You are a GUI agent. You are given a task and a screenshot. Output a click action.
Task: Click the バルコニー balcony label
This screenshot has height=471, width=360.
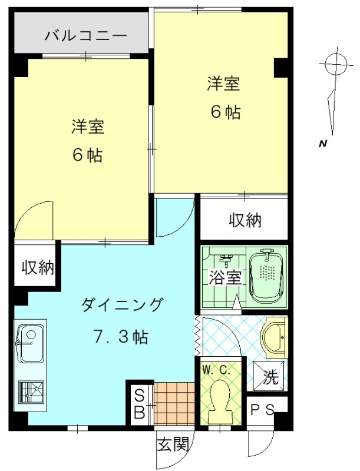click(86, 36)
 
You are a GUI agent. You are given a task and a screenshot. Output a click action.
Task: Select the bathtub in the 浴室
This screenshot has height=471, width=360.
click(266, 276)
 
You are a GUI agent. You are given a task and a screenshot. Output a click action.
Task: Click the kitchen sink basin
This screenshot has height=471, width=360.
click(29, 343)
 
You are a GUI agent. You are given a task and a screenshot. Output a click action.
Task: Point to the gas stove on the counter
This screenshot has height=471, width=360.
click(31, 392)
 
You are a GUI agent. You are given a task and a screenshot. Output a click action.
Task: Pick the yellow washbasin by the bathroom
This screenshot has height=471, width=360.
click(275, 337)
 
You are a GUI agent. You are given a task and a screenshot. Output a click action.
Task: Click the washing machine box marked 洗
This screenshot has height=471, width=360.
click(268, 376)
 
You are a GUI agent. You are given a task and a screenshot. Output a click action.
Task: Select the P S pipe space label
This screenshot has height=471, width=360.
click(262, 410)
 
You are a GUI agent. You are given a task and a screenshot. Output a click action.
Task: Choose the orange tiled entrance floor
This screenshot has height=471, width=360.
click(174, 403)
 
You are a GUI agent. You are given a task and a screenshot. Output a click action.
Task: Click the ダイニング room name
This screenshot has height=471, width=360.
click(122, 305)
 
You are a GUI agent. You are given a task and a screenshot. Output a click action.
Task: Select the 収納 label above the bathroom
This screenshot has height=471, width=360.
click(246, 220)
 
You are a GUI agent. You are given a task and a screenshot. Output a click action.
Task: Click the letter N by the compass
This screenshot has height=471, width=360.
click(323, 144)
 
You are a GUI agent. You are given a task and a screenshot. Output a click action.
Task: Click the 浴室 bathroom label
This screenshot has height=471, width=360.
click(226, 277)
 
